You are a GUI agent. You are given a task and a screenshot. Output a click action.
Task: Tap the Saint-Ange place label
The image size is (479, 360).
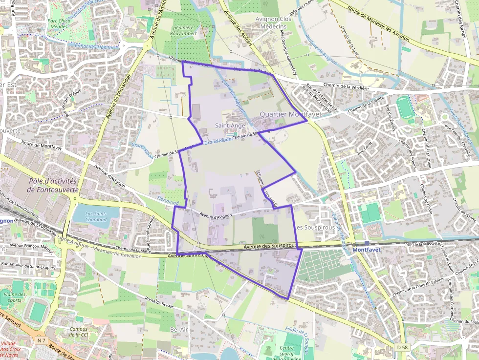230,126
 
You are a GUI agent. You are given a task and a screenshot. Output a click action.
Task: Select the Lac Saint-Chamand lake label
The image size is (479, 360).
96,216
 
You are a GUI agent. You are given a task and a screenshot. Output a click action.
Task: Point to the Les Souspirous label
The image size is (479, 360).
315,228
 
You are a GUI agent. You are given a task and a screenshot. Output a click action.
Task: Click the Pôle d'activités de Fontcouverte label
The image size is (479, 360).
53,185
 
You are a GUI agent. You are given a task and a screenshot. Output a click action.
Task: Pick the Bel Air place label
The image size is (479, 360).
179,330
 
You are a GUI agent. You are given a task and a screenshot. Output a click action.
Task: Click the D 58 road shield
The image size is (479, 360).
402,347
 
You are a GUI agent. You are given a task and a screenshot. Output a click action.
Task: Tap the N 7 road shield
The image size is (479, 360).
42,339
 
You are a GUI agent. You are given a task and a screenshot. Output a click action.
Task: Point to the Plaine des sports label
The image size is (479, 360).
14,297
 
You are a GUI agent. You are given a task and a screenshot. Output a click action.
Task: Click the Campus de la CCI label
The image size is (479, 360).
78,332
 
